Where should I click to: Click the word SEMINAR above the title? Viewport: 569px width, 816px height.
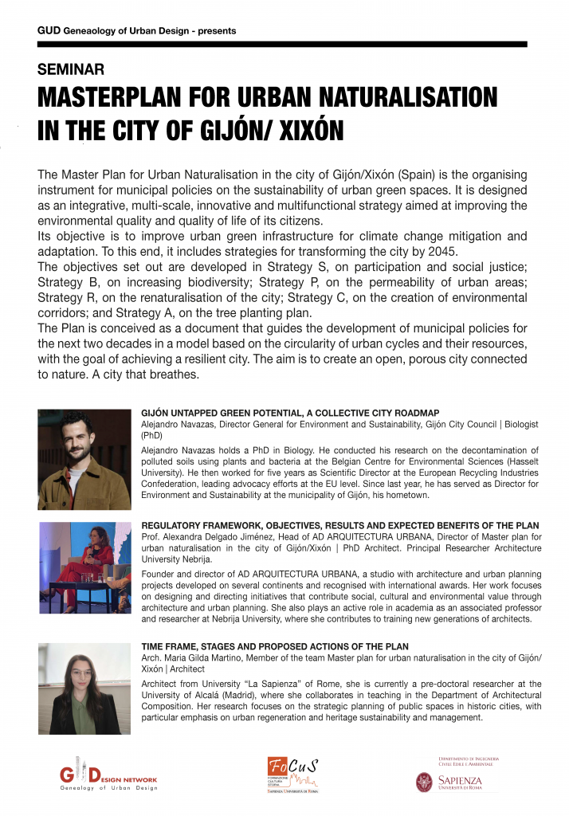[x=71, y=70]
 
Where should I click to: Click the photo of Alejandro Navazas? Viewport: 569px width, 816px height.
[x=84, y=460]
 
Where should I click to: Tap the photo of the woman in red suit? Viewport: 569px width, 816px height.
[x=84, y=567]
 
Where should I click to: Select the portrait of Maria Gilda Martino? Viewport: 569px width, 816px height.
[x=84, y=688]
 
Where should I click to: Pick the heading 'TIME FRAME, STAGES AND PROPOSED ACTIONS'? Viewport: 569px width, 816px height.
[x=275, y=646]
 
